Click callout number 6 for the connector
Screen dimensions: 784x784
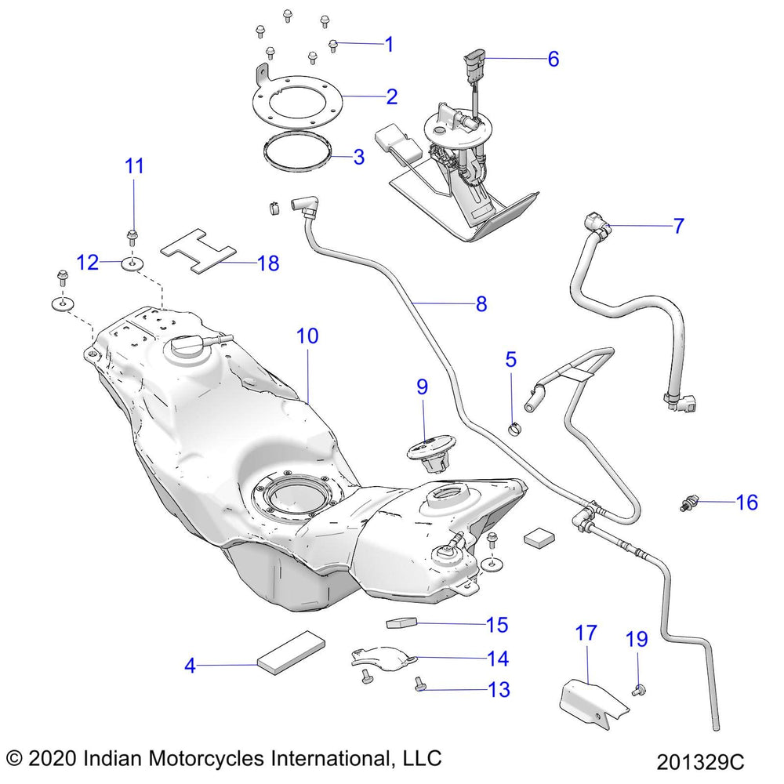(x=553, y=59)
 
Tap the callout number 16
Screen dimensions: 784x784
(x=747, y=502)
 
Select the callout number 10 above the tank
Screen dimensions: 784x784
(x=307, y=336)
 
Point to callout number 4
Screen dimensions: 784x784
(x=190, y=666)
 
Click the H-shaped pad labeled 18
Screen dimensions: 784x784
(x=199, y=251)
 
